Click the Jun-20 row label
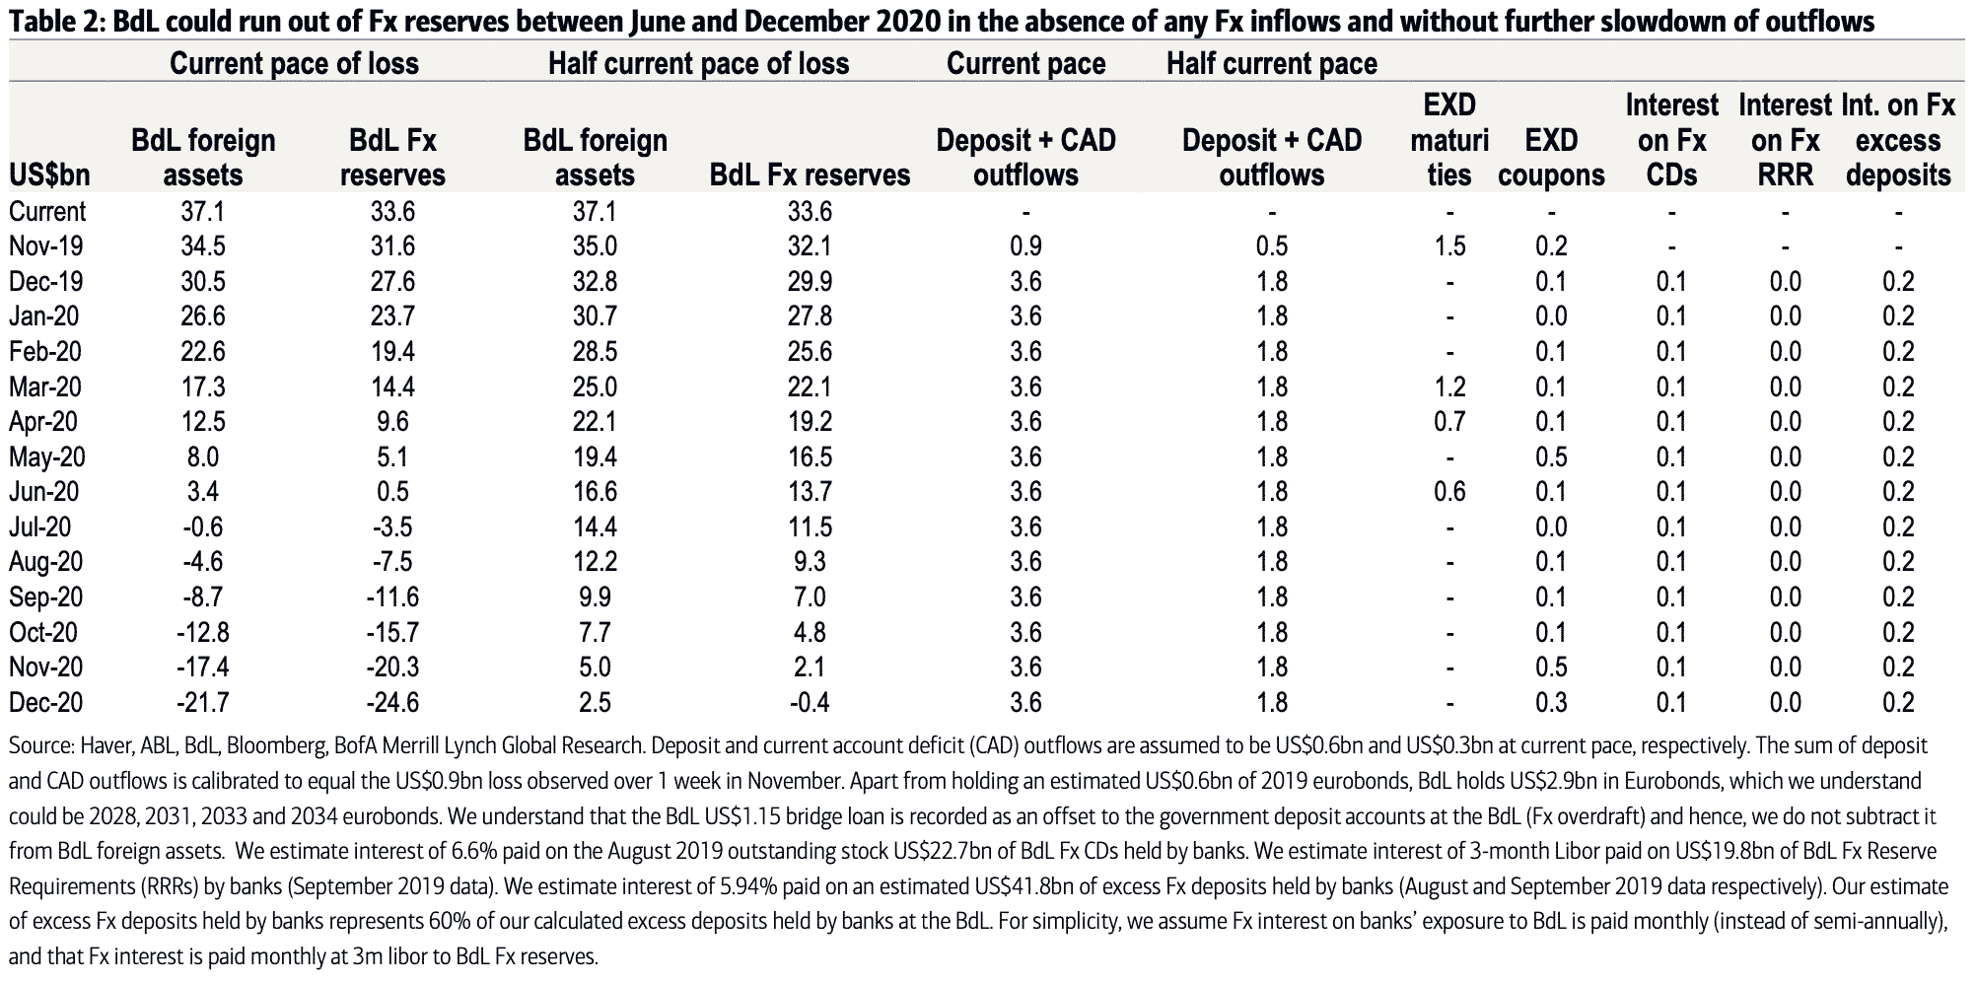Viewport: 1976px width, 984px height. click(43, 492)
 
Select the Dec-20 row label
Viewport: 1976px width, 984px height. click(45, 703)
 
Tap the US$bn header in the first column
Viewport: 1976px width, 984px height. click(49, 176)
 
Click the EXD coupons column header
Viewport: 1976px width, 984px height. click(1551, 158)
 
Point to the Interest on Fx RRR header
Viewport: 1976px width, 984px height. click(1785, 139)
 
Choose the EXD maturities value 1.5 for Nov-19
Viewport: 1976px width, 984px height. click(1449, 246)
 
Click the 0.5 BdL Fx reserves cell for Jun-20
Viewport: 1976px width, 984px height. click(391, 492)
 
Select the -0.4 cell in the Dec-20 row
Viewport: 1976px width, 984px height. click(810, 703)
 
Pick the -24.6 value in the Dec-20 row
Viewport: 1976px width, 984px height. click(391, 703)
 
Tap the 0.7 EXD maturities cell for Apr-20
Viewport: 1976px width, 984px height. click(1449, 422)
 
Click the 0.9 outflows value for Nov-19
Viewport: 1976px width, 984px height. click(1025, 246)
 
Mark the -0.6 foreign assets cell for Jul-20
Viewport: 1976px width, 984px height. click(202, 527)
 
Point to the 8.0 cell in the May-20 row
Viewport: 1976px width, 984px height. click(202, 457)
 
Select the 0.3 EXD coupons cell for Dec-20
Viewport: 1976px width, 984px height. click(1551, 703)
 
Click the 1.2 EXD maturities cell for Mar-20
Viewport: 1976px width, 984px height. click(1449, 387)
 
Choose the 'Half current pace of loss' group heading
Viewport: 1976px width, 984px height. click(698, 64)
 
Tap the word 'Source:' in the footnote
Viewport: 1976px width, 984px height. click(37, 746)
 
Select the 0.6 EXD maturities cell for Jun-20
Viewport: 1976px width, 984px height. click(1449, 492)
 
